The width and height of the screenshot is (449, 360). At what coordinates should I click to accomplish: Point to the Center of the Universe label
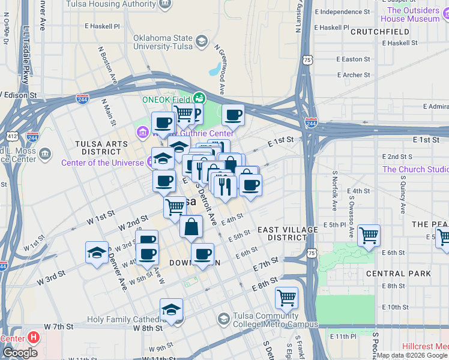coord(103,163)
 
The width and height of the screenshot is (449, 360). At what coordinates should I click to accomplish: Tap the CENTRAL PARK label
coord(398,274)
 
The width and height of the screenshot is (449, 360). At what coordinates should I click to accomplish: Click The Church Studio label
coord(414,169)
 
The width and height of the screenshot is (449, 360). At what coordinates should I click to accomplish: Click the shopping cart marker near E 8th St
coord(287,297)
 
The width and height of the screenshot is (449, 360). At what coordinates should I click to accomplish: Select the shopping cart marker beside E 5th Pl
coord(369,235)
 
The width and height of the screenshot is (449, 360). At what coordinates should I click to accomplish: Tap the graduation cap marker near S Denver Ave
coord(96,253)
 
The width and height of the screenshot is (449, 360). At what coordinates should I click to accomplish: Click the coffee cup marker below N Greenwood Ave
coord(233,115)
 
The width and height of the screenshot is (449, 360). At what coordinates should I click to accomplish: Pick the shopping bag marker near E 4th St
coord(191,227)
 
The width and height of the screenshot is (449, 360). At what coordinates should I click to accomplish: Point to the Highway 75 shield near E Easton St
coord(307,60)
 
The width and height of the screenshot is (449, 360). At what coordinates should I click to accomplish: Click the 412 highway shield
coord(11,136)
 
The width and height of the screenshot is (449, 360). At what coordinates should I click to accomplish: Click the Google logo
coord(20,353)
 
